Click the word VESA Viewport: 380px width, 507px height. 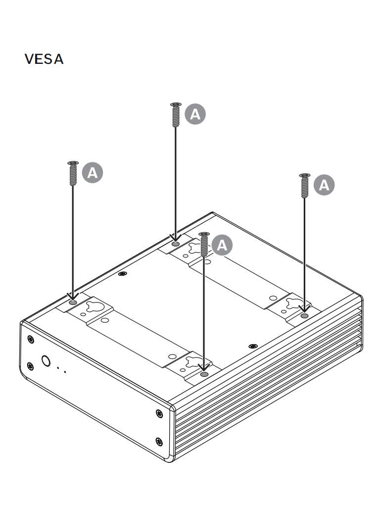click(x=44, y=59)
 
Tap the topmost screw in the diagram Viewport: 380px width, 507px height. click(x=176, y=115)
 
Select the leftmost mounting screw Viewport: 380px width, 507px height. click(x=73, y=173)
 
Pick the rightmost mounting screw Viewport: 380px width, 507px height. click(x=305, y=186)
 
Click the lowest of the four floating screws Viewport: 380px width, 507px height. click(x=204, y=245)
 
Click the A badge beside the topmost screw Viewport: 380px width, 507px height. click(x=195, y=114)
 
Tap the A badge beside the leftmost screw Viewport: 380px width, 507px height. click(x=93, y=173)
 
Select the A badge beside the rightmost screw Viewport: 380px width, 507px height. click(x=324, y=185)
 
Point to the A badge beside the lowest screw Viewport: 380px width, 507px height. click(x=222, y=245)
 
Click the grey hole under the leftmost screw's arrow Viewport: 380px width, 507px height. click(x=73, y=303)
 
